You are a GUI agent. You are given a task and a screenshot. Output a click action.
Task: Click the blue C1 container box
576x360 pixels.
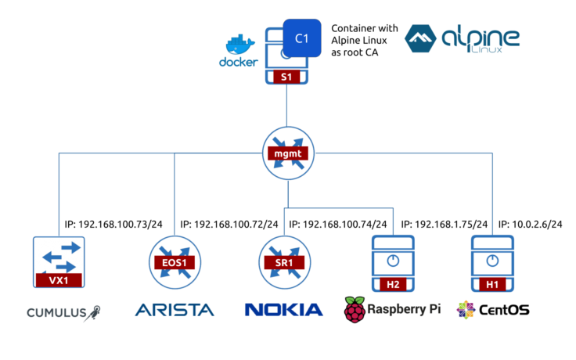pyautogui.click(x=301, y=38)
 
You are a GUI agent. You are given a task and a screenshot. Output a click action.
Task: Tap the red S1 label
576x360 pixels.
pyautogui.click(x=286, y=77)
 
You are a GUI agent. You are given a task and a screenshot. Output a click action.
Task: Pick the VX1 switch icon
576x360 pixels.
pyautogui.click(x=59, y=265)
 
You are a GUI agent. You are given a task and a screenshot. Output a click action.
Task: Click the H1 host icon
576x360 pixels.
pyautogui.click(x=491, y=265)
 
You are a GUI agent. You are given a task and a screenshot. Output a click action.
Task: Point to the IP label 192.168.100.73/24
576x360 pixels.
pyautogui.click(x=114, y=223)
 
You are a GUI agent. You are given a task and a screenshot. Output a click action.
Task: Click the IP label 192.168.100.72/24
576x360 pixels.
pyautogui.click(x=229, y=223)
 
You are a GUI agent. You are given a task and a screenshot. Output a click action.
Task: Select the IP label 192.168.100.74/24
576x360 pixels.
pyautogui.click(x=338, y=223)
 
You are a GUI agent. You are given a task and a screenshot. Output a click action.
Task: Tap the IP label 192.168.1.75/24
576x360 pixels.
pyautogui.click(x=444, y=223)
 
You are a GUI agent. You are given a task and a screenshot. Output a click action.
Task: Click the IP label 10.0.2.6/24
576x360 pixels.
pyautogui.click(x=531, y=223)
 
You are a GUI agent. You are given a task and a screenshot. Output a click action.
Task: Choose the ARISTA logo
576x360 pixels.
pyautogui.click(x=174, y=311)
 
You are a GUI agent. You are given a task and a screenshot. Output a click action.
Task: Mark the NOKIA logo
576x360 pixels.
pyautogui.click(x=283, y=311)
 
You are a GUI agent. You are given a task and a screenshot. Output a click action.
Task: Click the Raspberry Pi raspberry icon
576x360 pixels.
pyautogui.click(x=355, y=310)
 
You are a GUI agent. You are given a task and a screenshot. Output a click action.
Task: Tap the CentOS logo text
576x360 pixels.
pyautogui.click(x=504, y=311)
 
